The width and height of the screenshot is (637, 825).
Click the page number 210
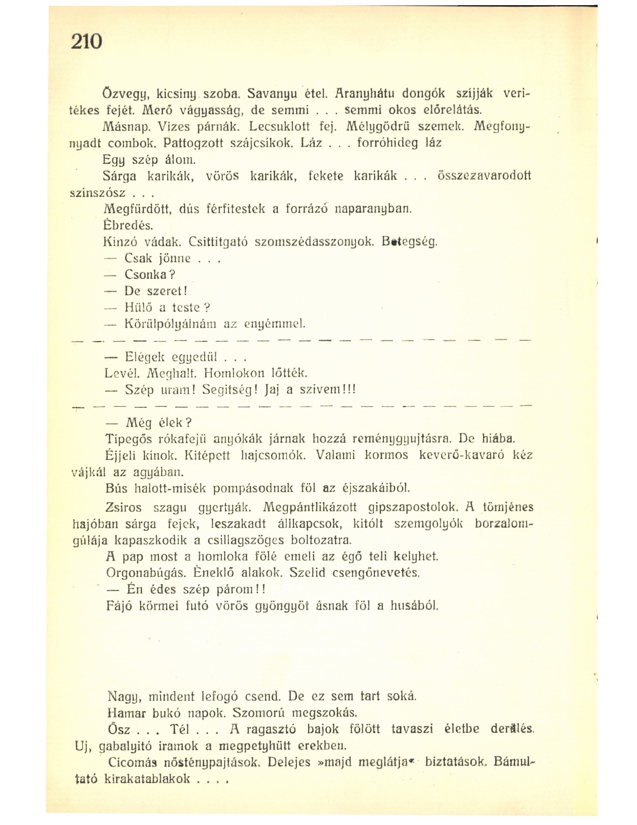pyautogui.click(x=87, y=42)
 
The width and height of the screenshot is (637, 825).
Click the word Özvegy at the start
pyautogui.click(x=122, y=94)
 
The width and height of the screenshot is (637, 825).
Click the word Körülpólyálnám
pyautogui.click(x=170, y=324)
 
